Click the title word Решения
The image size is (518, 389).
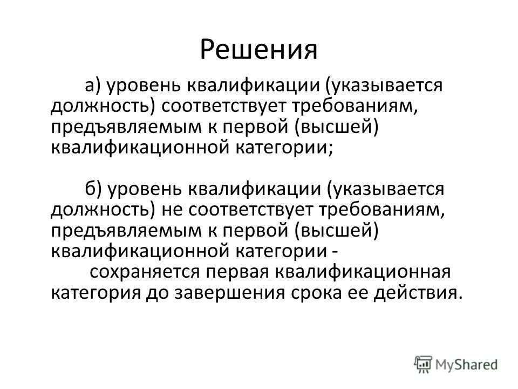[x=258, y=49]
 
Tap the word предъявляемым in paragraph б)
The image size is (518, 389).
[x=114, y=230]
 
